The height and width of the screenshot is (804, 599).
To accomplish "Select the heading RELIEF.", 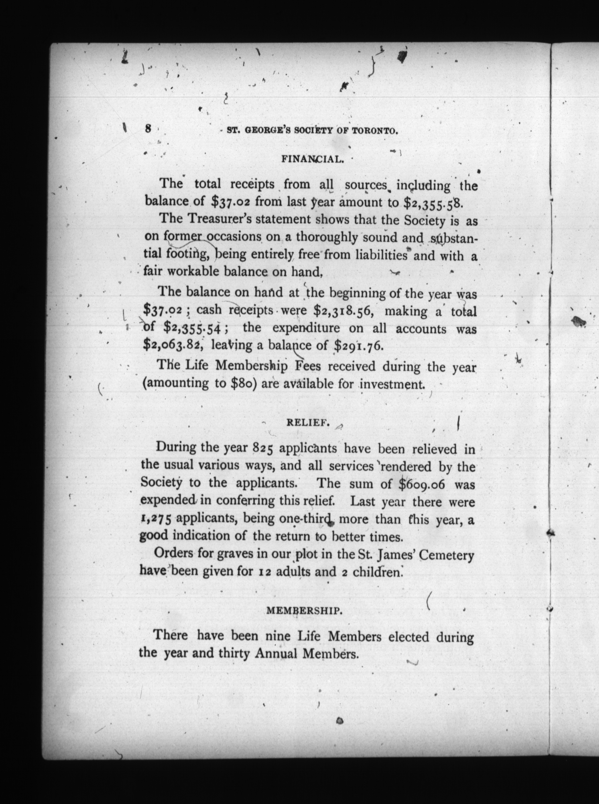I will pos(308,423).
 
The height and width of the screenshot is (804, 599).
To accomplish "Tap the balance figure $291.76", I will pos(358,346).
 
